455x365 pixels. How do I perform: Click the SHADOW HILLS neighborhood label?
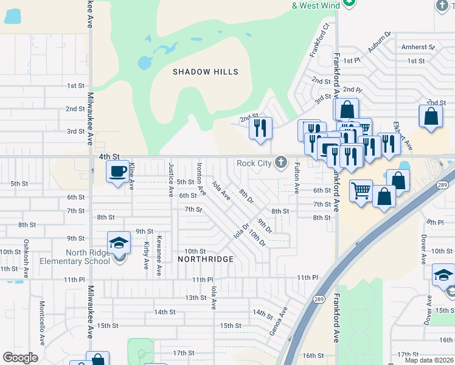pos(205,72)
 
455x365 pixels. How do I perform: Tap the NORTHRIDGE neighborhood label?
pos(206,259)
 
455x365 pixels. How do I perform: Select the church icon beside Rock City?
pos(280,162)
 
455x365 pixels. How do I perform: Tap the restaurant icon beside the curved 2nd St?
pos(260,128)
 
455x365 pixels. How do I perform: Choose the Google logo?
pos(21,358)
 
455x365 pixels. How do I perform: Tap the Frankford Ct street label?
pos(320,40)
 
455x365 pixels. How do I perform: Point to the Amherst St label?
pos(418,47)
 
